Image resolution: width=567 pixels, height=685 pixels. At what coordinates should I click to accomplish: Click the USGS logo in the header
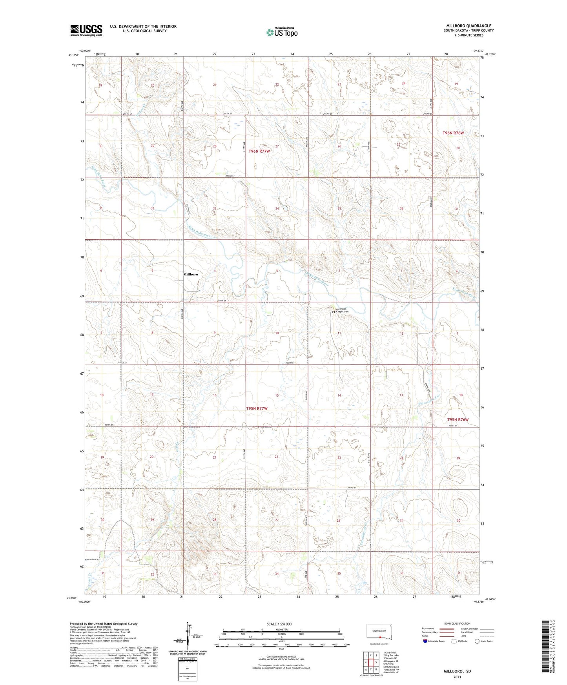[x=86, y=30]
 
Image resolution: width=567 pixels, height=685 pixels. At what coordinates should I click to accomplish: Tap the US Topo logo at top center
[x=281, y=32]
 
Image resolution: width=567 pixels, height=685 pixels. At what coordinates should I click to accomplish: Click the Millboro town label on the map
[x=190, y=274]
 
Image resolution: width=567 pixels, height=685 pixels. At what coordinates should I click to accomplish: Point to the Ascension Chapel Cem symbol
[x=334, y=312]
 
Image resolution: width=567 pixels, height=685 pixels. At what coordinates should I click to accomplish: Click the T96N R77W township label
[x=259, y=151]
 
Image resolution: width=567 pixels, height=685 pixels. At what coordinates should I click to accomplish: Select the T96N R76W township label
[x=453, y=133]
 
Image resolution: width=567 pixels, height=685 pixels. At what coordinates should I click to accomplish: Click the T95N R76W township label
[x=458, y=419]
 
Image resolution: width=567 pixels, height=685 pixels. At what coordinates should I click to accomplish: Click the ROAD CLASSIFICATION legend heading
[x=457, y=623]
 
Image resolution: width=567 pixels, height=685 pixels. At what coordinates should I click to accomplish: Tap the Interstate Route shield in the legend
[x=425, y=641]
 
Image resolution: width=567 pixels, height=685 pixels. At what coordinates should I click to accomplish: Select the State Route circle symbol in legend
[x=477, y=641]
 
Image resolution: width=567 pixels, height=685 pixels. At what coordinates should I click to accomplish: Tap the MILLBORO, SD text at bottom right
[x=457, y=671]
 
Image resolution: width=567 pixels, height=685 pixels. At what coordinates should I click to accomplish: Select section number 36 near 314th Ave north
[x=401, y=209]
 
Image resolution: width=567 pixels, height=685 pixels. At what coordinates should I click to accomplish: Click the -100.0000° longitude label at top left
[x=84, y=51]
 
